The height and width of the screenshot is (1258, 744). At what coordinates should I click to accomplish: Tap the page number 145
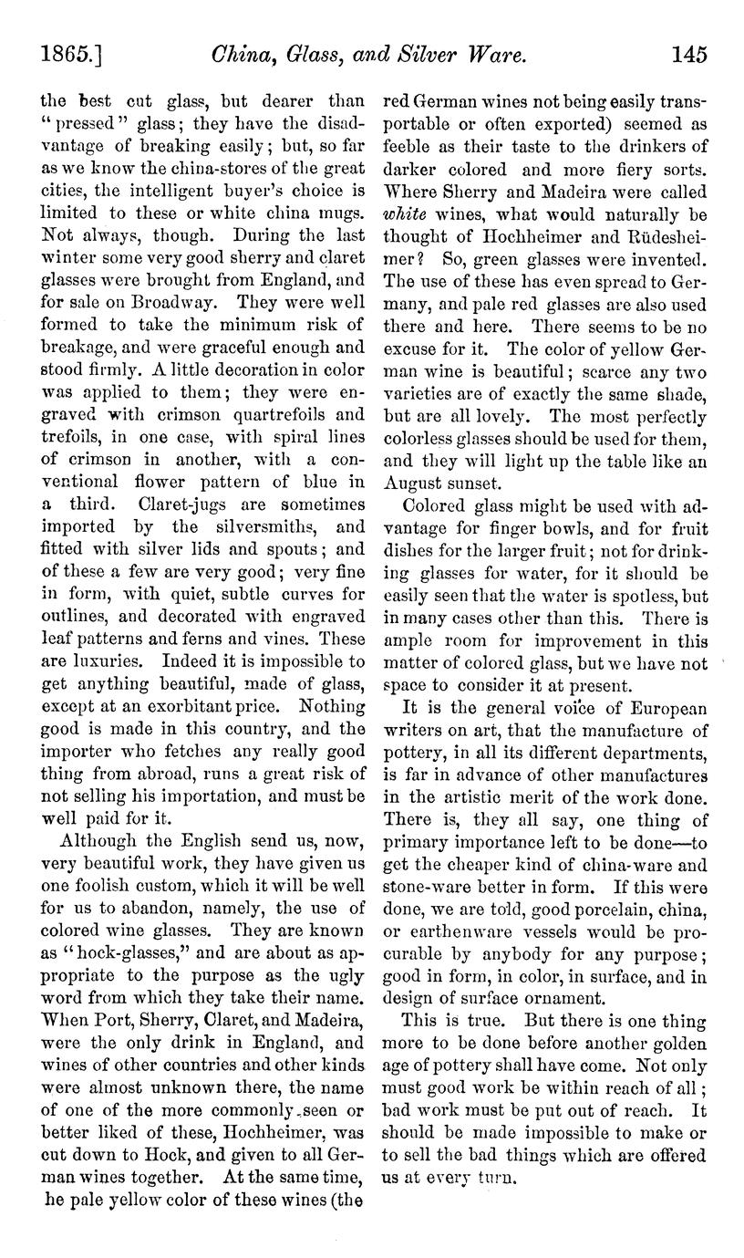click(688, 55)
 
